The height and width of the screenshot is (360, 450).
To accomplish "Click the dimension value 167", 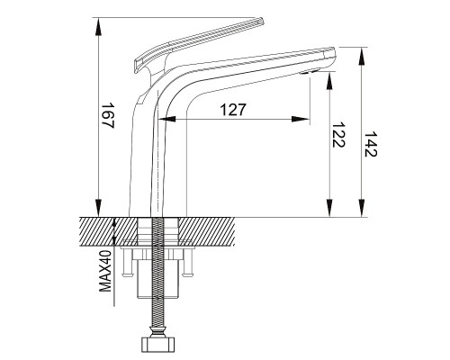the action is pos(107,116).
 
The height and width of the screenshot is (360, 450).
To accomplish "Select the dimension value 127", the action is pos(233,110).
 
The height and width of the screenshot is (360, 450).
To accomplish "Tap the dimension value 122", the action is pos(338,135).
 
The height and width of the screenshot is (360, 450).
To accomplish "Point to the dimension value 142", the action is pos(370,144).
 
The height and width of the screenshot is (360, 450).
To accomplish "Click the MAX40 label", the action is pos(105,272).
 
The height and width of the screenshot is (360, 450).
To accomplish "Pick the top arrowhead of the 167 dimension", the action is pos(98,27).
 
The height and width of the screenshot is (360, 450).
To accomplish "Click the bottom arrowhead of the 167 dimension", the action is pos(98,206).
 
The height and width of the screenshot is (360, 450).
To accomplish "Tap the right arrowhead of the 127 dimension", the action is pos(301,119).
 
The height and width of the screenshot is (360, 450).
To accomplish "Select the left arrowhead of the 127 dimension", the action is pos(167,119).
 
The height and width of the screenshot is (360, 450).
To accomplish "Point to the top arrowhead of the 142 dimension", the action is pos(362,57).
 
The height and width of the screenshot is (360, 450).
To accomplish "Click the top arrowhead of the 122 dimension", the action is pos(329,81).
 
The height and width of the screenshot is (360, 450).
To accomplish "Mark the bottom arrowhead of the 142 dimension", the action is pos(362,207).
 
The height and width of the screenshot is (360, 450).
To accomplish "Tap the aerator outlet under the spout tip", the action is pos(310,72).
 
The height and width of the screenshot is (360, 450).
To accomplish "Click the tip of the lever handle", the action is pos(260,21).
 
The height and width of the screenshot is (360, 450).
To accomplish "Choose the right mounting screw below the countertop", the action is pos(187,262).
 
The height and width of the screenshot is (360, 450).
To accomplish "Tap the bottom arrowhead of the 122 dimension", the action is pos(329,207).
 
